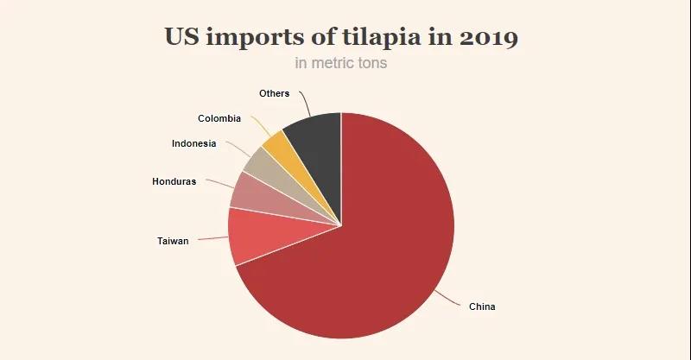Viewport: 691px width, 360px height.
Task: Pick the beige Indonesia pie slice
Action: [260, 161]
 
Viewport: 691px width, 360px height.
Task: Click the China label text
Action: [482, 306]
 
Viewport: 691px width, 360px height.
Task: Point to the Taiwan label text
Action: [173, 241]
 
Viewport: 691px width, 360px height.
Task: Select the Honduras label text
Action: [174, 181]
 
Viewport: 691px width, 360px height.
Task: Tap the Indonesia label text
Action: [193, 143]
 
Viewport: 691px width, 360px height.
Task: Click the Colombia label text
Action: [219, 118]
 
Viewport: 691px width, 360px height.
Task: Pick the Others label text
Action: [274, 93]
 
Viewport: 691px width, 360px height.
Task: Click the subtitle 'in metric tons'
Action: [341, 63]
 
